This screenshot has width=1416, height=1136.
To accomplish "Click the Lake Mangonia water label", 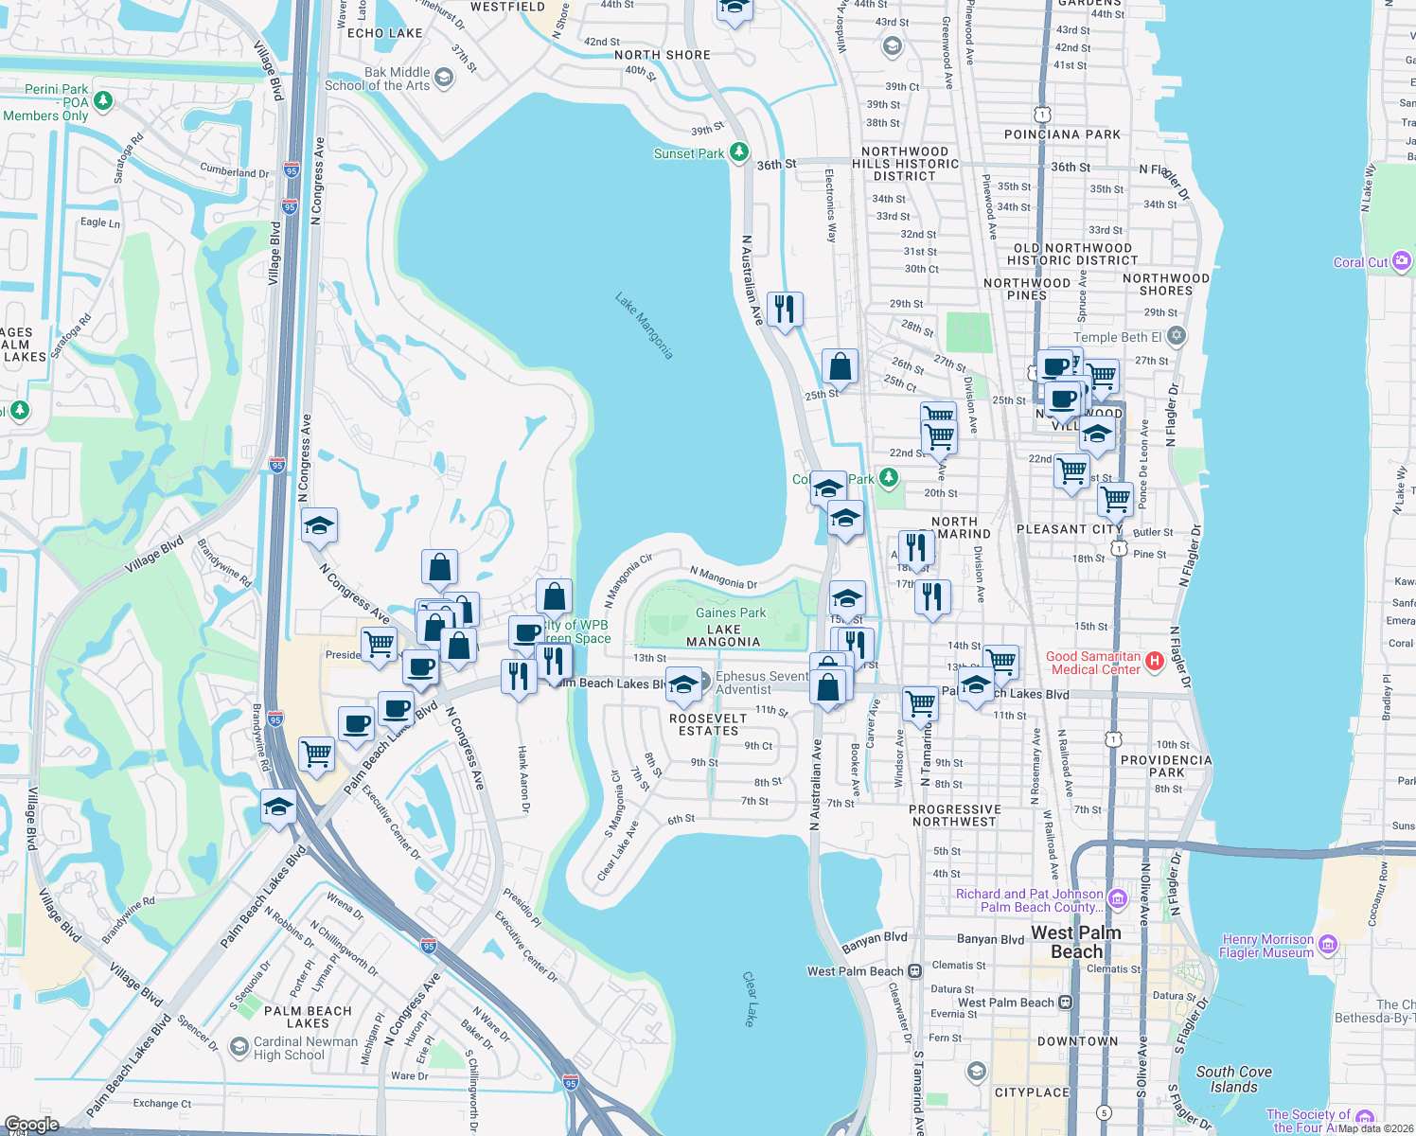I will click(644, 326).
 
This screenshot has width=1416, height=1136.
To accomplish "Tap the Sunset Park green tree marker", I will click(739, 152).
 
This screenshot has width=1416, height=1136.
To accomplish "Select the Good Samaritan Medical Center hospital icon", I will click(1155, 662).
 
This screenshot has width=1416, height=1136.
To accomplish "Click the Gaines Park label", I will click(731, 612).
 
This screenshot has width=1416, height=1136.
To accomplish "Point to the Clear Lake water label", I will click(750, 998).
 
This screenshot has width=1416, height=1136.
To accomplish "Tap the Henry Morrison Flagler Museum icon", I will click(1328, 944).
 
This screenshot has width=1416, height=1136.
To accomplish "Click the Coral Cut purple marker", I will click(1402, 261).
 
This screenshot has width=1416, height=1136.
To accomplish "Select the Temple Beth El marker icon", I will click(1176, 336).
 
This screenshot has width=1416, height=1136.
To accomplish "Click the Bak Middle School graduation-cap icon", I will click(444, 78).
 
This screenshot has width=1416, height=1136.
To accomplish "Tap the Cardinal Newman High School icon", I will click(239, 1047).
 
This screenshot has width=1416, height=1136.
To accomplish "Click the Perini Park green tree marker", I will click(103, 100).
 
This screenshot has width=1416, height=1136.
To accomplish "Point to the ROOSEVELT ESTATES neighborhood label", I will click(708, 724).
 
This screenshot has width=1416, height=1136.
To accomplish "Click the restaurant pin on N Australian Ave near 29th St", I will click(785, 309).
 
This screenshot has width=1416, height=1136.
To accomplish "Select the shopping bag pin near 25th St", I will click(840, 366).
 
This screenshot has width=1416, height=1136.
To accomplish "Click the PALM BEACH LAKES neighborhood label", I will click(308, 1017).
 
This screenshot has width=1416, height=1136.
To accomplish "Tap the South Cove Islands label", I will click(1233, 1079).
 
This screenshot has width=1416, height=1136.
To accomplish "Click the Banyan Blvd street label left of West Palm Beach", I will click(874, 942).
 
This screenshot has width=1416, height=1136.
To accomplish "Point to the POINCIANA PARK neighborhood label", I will click(1062, 134).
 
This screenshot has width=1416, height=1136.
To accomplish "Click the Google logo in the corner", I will click(31, 1125).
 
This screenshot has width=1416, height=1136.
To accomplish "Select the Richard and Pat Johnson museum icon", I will click(1118, 898).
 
